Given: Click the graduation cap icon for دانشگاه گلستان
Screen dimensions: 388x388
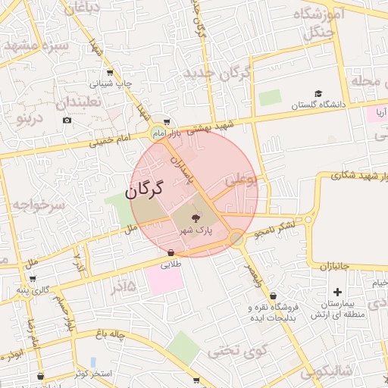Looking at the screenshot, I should pyautogui.click(x=319, y=94).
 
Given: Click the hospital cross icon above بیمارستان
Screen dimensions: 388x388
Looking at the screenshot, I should pyautogui.click(x=337, y=292).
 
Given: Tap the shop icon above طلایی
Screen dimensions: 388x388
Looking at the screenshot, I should pyautogui.click(x=171, y=253).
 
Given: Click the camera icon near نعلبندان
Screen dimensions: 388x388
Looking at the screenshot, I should pyautogui.click(x=67, y=120).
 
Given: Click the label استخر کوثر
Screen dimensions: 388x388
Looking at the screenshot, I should pyautogui.click(x=94, y=374).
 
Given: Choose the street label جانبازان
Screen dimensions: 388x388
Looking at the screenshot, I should pyautogui.click(x=332, y=266).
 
